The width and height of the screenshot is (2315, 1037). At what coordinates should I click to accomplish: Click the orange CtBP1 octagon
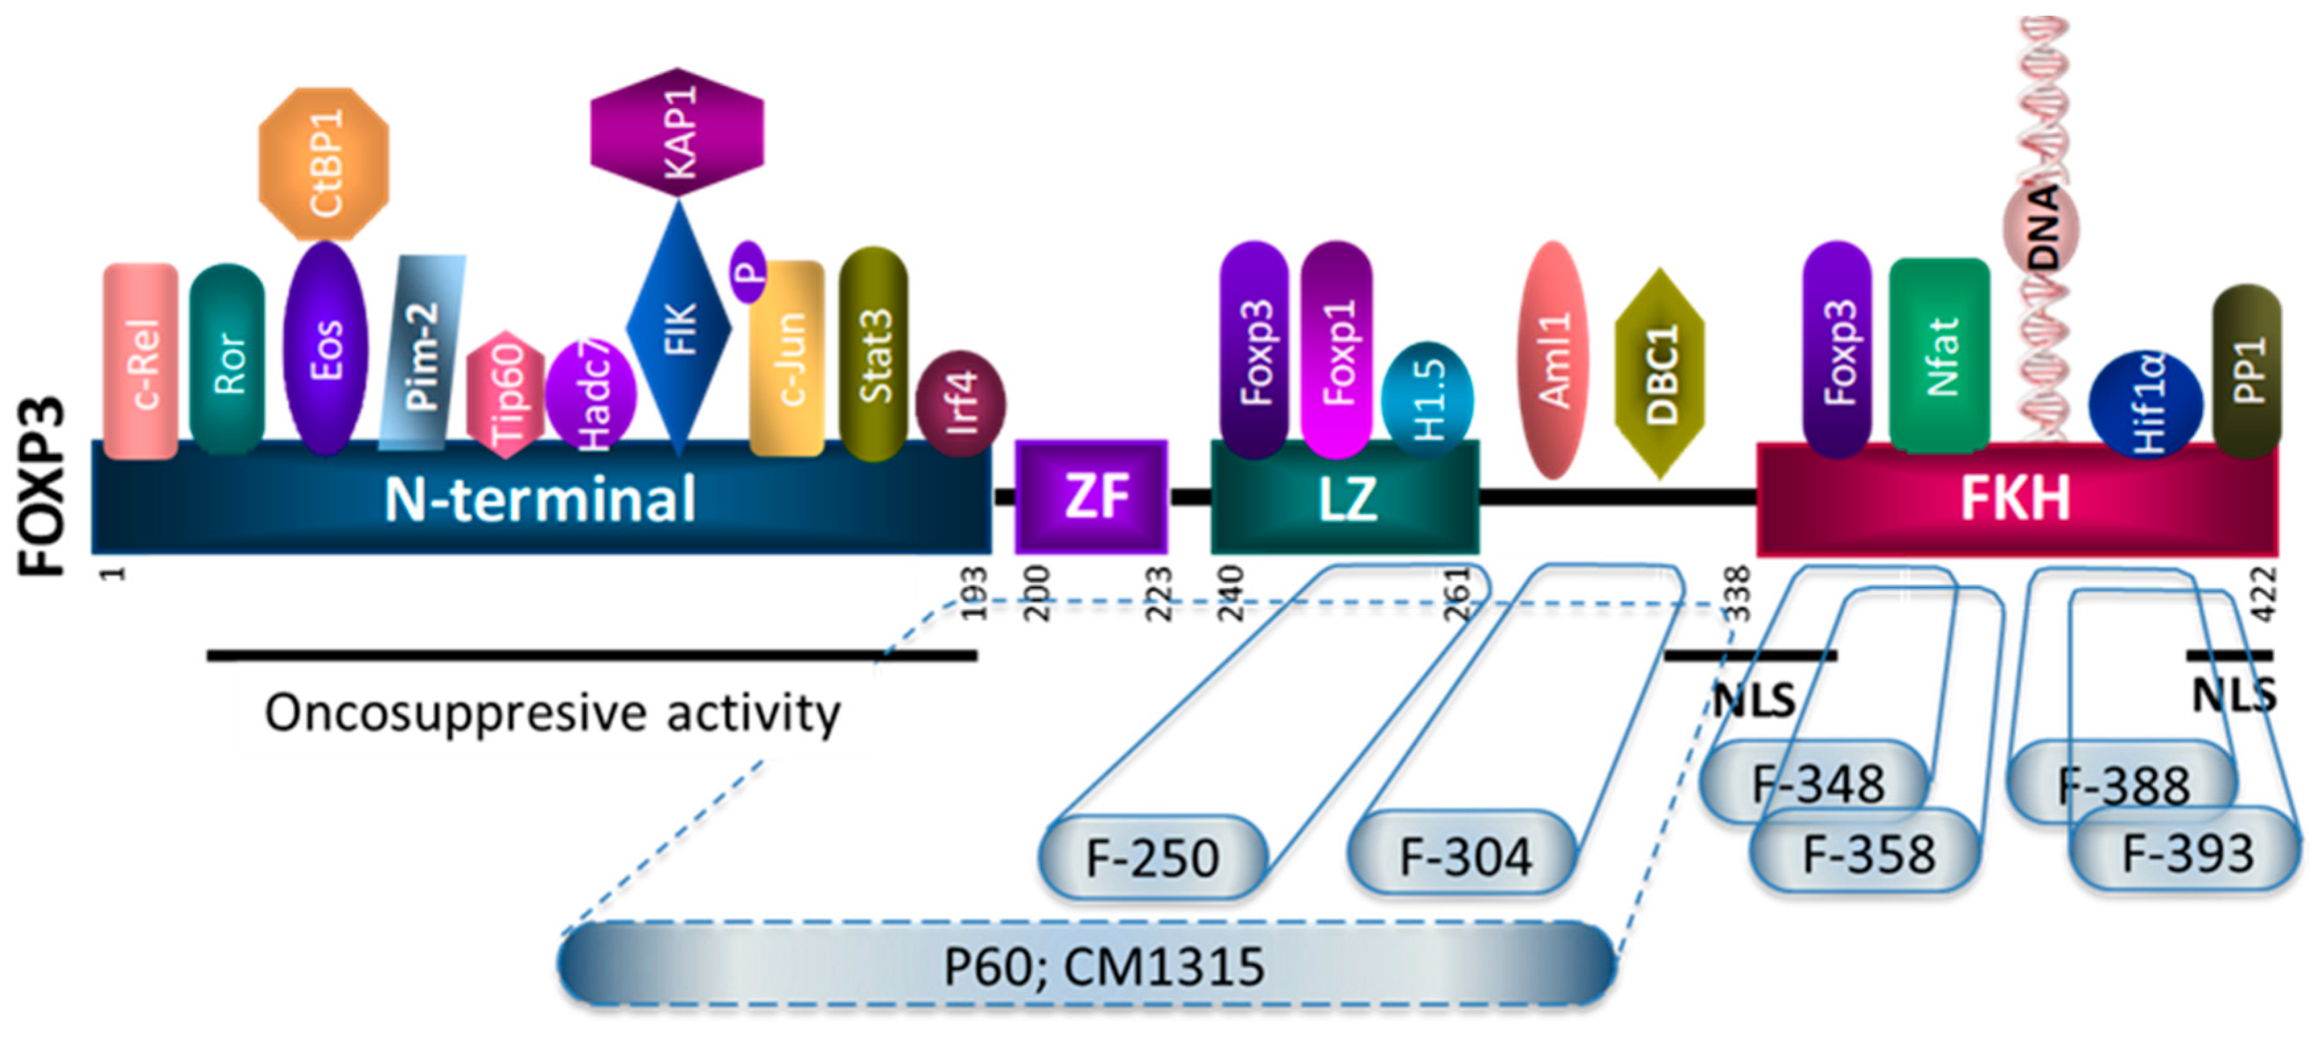coord(324,164)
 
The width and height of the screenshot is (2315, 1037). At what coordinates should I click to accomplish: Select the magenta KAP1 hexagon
coord(677,131)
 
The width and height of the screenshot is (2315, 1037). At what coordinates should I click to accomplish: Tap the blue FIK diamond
coord(679,328)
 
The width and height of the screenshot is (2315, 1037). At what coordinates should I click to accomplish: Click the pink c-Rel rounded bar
coord(141,361)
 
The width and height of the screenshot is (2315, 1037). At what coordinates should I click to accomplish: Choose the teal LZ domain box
coord(1345,497)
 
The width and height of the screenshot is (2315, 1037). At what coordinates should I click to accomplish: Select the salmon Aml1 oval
coord(1553,360)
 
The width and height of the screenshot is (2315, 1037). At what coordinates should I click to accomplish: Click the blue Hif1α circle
coord(2144,403)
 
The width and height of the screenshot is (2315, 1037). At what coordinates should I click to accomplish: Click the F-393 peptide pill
coord(2186,852)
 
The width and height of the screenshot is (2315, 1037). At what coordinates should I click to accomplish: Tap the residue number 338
coord(1740,593)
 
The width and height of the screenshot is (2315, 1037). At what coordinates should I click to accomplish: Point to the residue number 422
coord(2265,593)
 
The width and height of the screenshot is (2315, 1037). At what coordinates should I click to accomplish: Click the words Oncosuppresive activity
coord(553,714)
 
